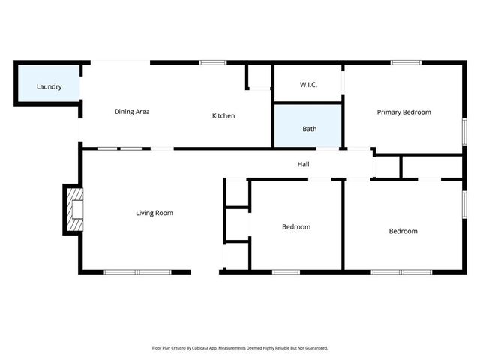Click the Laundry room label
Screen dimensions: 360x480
[49, 87]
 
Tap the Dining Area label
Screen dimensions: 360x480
[132, 112]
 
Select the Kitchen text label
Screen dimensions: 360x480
[223, 116]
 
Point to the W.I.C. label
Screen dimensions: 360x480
[308, 85]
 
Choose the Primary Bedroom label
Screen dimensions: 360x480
[403, 112]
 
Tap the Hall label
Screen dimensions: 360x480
[303, 164]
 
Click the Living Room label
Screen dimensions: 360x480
[154, 213]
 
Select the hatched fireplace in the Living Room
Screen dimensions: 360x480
[74, 210]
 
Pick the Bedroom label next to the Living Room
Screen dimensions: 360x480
[296, 227]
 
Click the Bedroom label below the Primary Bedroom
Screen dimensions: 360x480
[403, 231]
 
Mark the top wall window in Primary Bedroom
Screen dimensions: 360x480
[406, 62]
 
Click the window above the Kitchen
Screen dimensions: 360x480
[213, 62]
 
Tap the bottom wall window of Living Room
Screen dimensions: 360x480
[137, 271]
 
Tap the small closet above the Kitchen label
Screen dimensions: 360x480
[259, 77]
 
